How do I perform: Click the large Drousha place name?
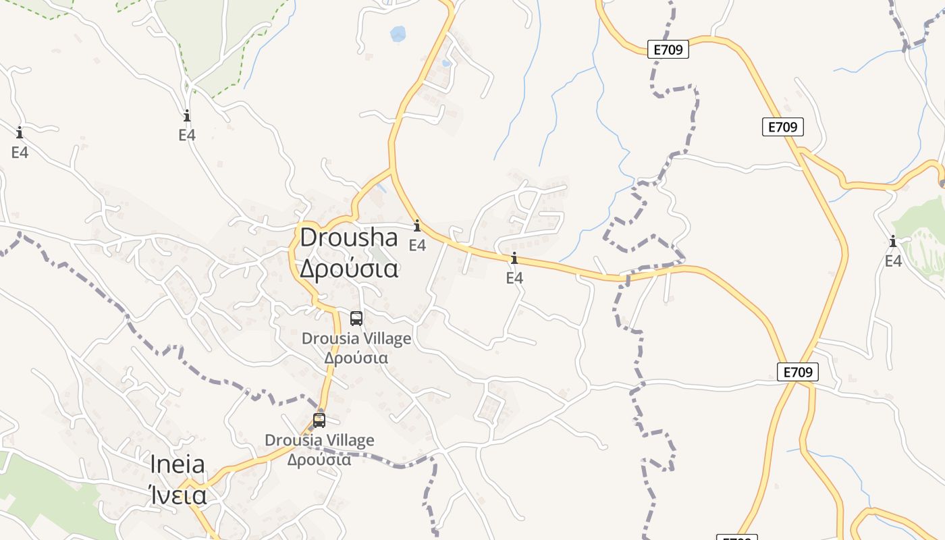coord(349,238)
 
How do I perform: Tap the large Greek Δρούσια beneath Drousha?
coord(349,269)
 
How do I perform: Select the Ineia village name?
coord(178,464)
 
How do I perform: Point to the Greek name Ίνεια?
coord(178,495)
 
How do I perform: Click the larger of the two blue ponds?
coord(398,33)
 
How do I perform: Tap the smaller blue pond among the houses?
coord(446,63)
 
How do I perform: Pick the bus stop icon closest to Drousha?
coord(356,318)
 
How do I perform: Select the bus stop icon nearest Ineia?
coord(319,420)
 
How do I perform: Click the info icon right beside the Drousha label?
coord(417,226)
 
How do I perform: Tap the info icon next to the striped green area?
coord(893,242)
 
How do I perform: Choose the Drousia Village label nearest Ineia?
coord(319,440)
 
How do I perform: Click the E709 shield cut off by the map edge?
coord(736,537)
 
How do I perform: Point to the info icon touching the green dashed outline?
coord(187,115)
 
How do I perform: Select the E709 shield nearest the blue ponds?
coord(668,49)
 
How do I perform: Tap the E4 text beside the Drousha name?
coord(417,245)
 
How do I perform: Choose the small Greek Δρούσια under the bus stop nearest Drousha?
coord(356,358)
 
